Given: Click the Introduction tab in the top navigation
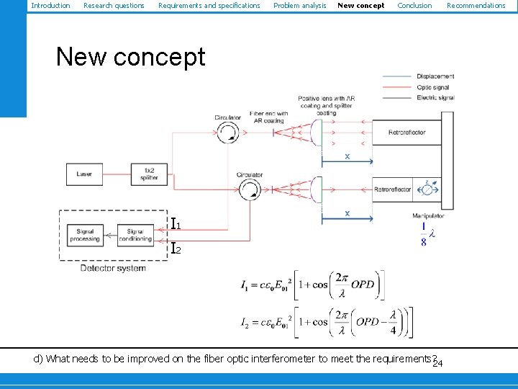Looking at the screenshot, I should [x=50, y=6].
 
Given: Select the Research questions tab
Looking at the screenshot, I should [x=114, y=6].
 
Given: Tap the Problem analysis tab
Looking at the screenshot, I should [x=299, y=6].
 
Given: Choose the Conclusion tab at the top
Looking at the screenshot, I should [x=414, y=6].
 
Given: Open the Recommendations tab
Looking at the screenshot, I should [x=476, y=6].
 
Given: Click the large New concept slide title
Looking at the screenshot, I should [x=130, y=57].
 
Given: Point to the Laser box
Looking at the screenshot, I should [x=85, y=174].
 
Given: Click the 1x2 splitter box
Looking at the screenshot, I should [x=149, y=174].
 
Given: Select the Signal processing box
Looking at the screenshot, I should [x=85, y=235].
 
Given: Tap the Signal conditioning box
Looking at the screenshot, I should [x=135, y=235].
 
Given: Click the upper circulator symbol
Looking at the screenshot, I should [x=228, y=131].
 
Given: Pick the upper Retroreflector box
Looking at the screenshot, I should [x=406, y=133].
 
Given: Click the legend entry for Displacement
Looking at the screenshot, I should [x=435, y=76].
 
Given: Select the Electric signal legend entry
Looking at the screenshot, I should [x=435, y=97].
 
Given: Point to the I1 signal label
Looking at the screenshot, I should [x=176, y=224].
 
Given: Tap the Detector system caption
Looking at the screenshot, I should [x=112, y=268].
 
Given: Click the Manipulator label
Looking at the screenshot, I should [x=428, y=215].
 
